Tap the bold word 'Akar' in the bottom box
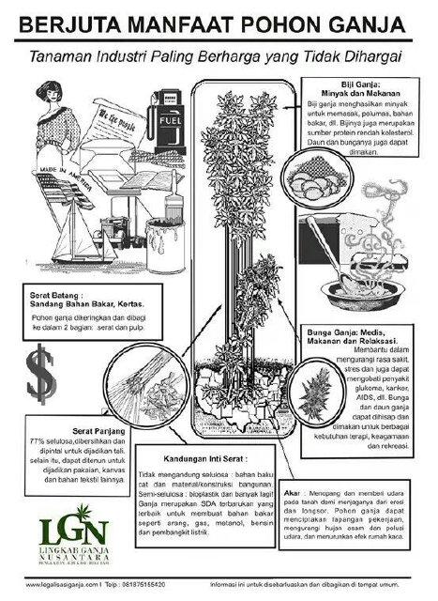pos(318,490)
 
